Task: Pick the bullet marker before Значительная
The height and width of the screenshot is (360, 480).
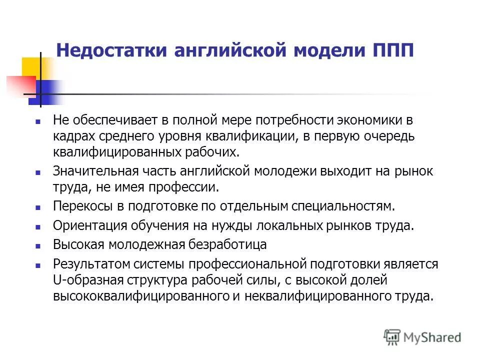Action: pos(37,171)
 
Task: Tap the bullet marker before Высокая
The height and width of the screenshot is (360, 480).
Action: pos(37,245)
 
